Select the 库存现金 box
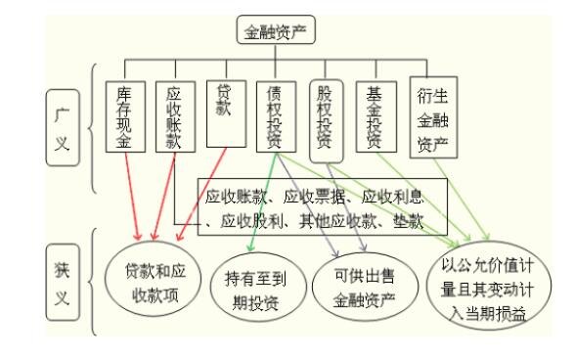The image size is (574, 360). coord(123,115)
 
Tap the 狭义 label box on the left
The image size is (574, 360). coord(60,284)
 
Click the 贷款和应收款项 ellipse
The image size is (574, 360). coord(149,282)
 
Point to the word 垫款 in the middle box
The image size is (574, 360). coord(404,223)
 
